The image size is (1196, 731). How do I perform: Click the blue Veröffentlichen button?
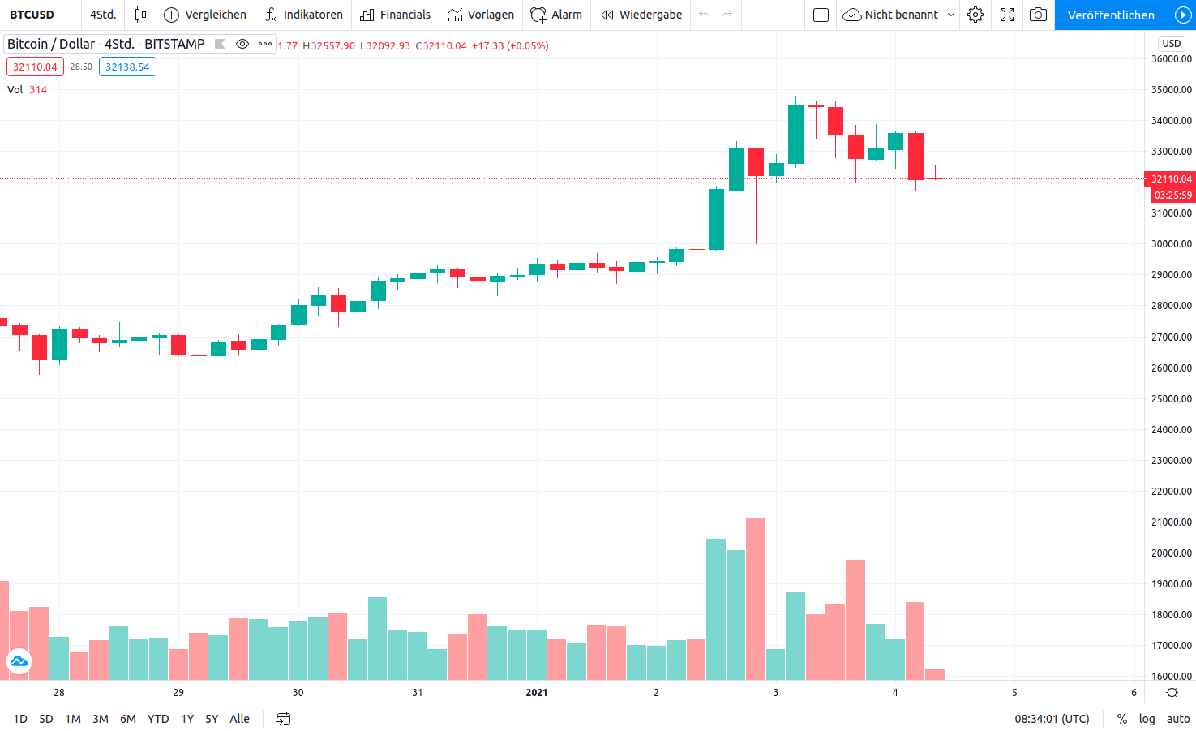[1110, 15]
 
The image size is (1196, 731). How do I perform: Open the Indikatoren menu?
[304, 15]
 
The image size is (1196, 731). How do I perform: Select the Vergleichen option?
[205, 15]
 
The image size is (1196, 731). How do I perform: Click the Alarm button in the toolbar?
[556, 15]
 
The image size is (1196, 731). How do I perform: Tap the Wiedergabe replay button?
[641, 15]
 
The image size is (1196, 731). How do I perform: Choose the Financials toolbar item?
[396, 15]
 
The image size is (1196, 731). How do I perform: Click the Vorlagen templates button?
[481, 15]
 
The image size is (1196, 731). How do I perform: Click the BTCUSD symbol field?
[32, 15]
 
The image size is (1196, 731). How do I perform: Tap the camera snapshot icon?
[1038, 15]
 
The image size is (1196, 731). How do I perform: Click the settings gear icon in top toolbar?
[975, 15]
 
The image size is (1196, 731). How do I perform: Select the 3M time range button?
[101, 719]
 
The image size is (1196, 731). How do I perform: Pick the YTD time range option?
[158, 719]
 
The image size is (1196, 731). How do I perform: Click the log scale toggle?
[1147, 719]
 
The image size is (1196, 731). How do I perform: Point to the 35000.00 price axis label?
[1172, 90]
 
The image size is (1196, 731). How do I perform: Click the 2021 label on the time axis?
[536, 693]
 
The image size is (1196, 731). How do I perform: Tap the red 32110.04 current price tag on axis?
[1171, 178]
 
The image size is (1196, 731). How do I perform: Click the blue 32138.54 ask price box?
[127, 67]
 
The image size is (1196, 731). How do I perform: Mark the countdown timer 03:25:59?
[1172, 196]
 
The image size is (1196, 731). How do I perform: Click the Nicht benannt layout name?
[900, 15]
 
